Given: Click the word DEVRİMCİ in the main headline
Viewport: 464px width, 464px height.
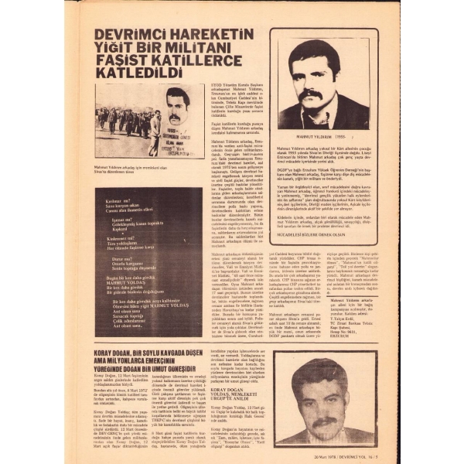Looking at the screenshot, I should [127, 36].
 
